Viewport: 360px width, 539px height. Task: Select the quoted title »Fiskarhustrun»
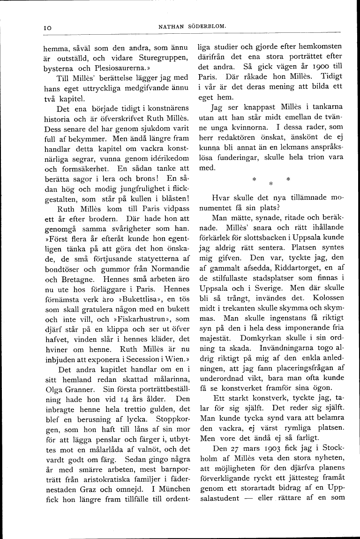141,320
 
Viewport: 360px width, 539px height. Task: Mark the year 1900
315,67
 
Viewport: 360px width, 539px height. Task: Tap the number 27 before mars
234,435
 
